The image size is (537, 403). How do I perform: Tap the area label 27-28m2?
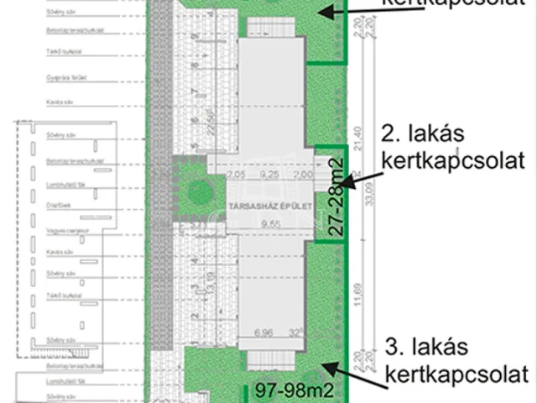336,195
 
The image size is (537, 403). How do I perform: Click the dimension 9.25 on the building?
268,174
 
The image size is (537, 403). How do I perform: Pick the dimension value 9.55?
268,224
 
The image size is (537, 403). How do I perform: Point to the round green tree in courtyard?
200,190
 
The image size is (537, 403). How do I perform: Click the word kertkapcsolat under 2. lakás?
451,159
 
